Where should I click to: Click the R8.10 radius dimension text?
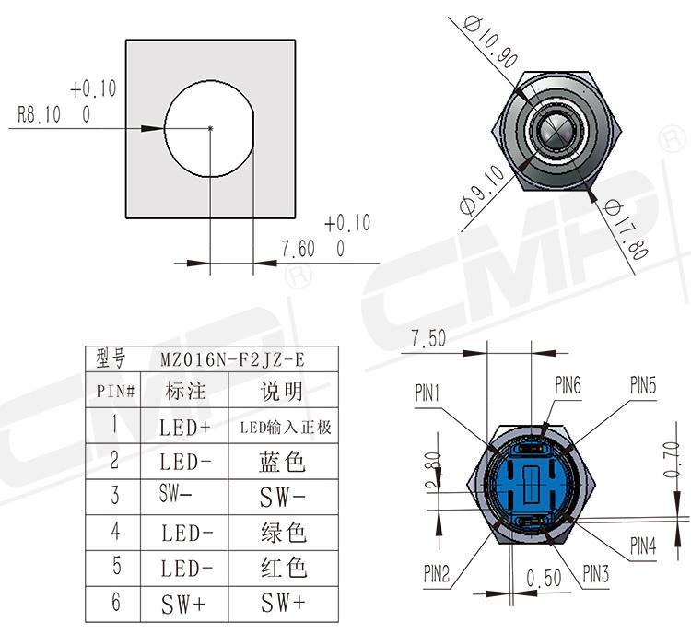39,114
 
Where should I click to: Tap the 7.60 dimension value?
299,249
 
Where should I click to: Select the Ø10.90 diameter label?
490,41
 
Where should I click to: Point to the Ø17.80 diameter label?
626,229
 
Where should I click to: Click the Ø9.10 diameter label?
482,190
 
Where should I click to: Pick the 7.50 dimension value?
428,338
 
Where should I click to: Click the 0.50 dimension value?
544,578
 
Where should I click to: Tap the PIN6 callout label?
568,385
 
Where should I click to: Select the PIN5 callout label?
643,385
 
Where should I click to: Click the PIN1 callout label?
427,393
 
